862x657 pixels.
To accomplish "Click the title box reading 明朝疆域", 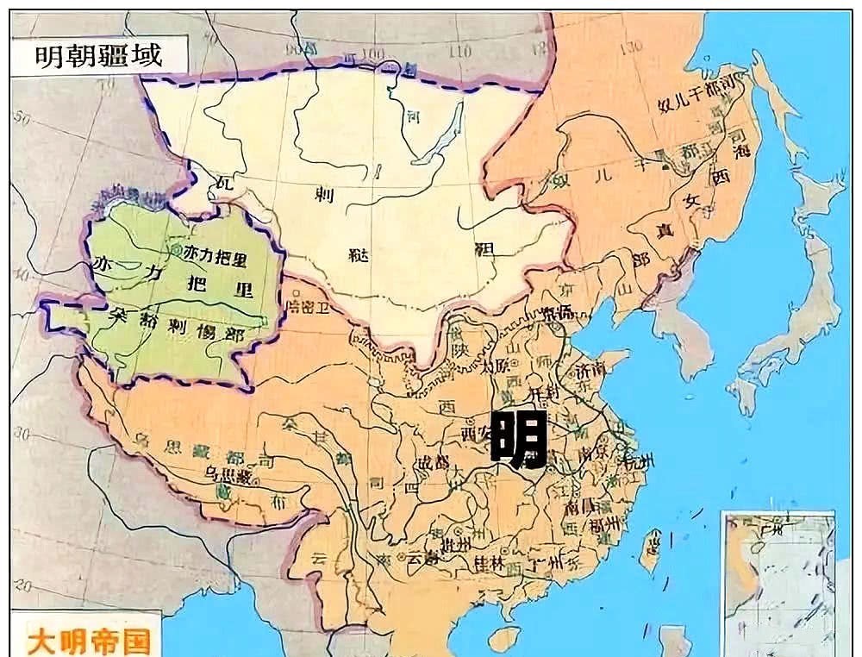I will (97, 56).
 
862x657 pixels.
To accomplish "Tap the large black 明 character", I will (519, 439).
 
